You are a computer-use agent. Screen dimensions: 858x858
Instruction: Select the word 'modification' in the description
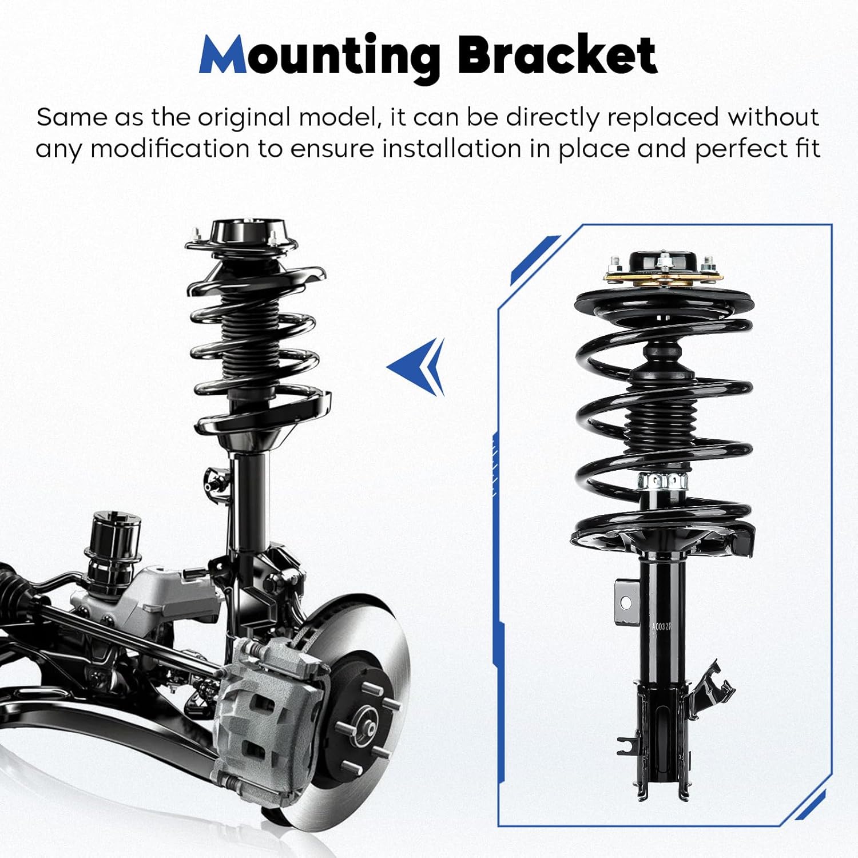[x=169, y=149]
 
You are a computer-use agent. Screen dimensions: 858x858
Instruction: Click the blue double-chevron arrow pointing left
[x=420, y=366]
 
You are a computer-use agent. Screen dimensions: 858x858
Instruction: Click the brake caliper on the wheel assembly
[x=269, y=709]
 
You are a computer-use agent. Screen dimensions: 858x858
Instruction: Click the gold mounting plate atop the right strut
[x=664, y=279]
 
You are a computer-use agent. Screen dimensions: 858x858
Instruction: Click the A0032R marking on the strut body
[x=662, y=626]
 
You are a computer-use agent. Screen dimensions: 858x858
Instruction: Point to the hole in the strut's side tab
[x=625, y=602]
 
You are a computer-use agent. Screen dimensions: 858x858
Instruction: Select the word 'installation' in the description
[x=451, y=149]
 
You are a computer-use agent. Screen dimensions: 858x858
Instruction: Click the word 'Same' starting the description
[x=71, y=117]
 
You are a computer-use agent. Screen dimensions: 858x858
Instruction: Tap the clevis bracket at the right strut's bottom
[x=662, y=738]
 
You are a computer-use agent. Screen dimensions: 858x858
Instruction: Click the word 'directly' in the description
[x=552, y=117]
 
